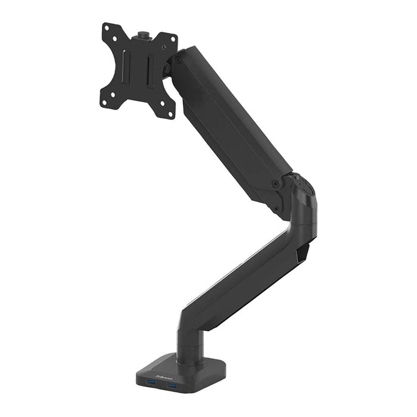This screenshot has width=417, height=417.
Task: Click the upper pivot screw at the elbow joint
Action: tap(275, 185)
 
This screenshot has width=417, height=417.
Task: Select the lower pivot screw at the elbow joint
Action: tap(275, 208)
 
